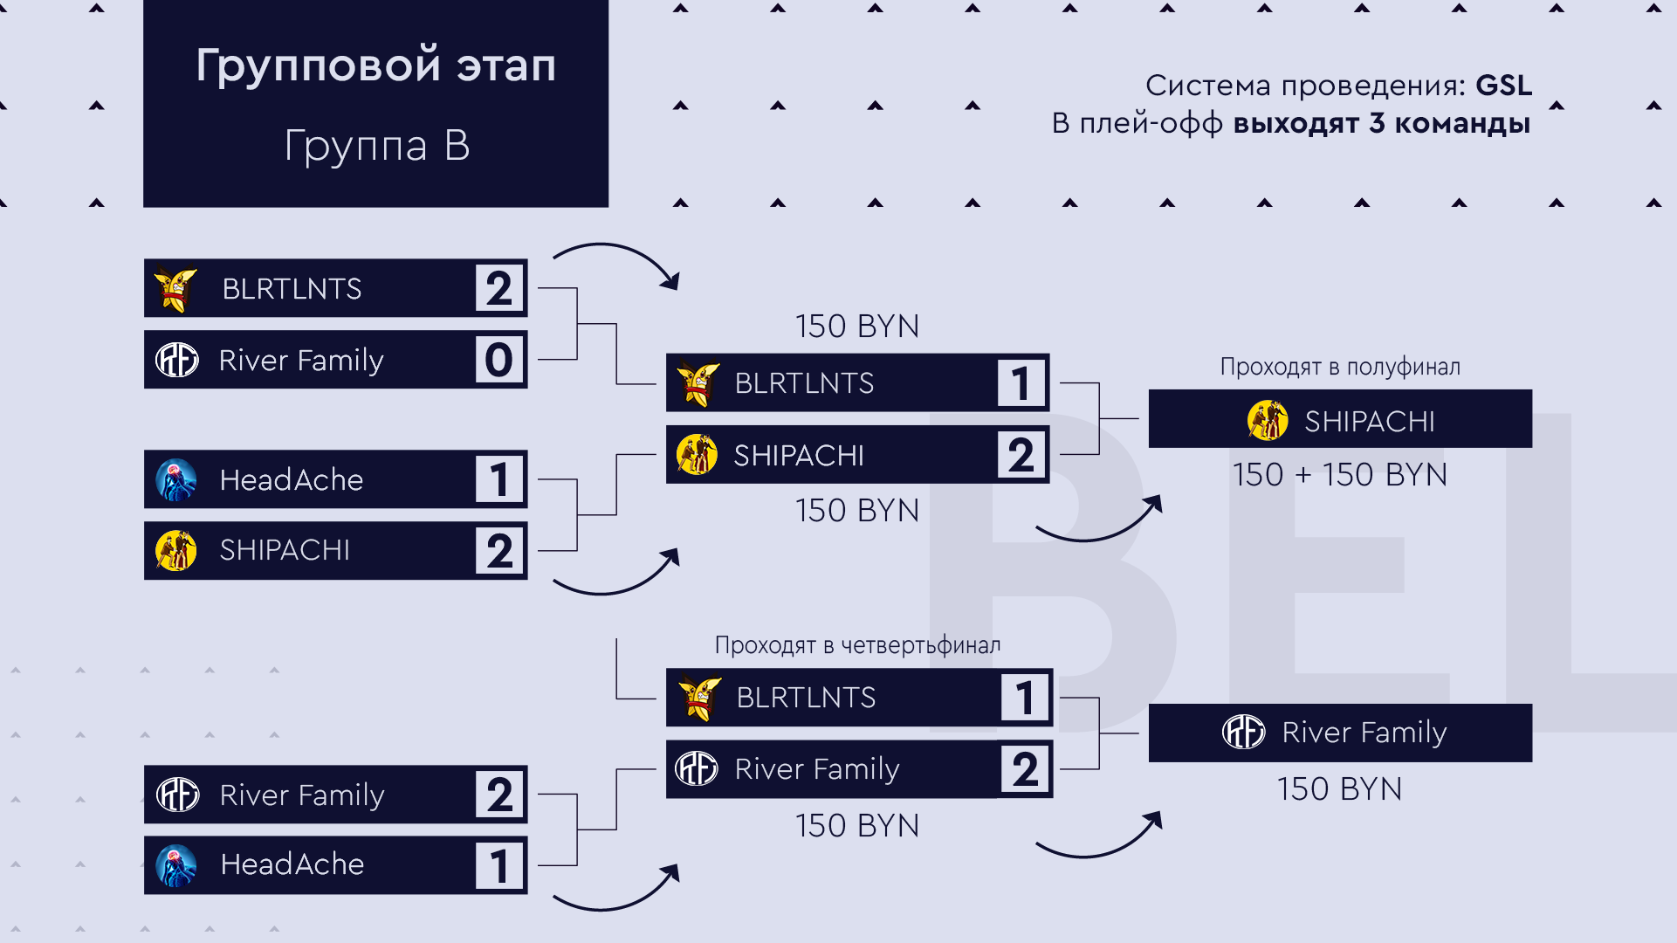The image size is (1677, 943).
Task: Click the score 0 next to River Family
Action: (x=498, y=360)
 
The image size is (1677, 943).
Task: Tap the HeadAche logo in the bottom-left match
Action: (x=176, y=865)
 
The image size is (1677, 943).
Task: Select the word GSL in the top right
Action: (x=1503, y=86)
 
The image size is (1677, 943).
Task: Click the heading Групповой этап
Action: (x=375, y=65)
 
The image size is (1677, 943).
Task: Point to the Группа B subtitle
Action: (x=376, y=145)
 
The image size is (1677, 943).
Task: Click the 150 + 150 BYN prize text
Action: (x=1339, y=475)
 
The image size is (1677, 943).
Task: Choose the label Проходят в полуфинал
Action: (x=1339, y=367)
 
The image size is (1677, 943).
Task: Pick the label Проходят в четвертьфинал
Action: (x=857, y=645)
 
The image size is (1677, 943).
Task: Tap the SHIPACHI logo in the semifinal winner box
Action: (x=1267, y=420)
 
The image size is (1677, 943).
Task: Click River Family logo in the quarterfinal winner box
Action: (x=1243, y=732)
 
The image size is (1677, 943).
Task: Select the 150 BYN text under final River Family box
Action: (x=1339, y=789)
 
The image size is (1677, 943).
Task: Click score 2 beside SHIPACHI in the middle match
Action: (x=1021, y=455)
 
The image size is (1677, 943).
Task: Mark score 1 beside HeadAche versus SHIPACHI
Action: (x=498, y=479)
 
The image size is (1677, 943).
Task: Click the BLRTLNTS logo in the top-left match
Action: (x=175, y=288)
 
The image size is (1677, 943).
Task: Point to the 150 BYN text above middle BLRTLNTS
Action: (x=857, y=327)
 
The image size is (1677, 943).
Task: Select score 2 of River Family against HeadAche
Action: (x=498, y=795)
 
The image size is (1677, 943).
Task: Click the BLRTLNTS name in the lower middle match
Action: (x=806, y=698)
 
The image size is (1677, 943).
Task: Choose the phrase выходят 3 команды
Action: (x=1381, y=124)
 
